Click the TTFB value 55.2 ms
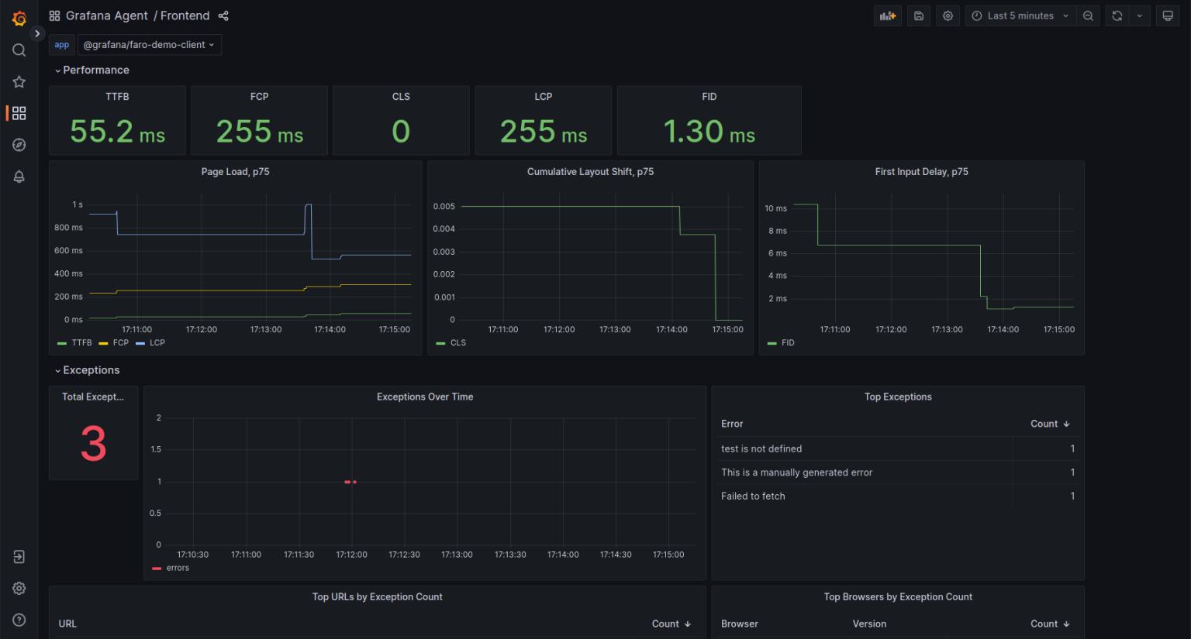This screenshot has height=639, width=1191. pyautogui.click(x=117, y=132)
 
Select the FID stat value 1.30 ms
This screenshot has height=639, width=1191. pyautogui.click(x=709, y=132)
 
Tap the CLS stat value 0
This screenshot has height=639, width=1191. pyautogui.click(x=401, y=132)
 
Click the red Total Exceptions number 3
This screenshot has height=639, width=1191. pyautogui.click(x=93, y=444)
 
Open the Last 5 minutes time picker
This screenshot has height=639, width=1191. pyautogui.click(x=1020, y=15)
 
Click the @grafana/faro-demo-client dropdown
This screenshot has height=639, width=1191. pyautogui.click(x=149, y=45)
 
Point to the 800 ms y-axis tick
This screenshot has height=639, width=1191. pyautogui.click(x=68, y=228)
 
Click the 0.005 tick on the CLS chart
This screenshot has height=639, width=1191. pyautogui.click(x=444, y=207)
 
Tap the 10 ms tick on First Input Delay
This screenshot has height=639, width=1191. pyautogui.click(x=775, y=208)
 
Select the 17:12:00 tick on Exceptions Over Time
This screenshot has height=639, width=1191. pyautogui.click(x=351, y=555)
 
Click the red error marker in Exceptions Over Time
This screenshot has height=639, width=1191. pyautogui.click(x=350, y=482)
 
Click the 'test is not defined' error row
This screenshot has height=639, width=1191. pyautogui.click(x=761, y=448)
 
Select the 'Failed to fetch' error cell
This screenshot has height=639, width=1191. pyautogui.click(x=753, y=496)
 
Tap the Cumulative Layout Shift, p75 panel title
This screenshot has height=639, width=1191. pyautogui.click(x=590, y=172)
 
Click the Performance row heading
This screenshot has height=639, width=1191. pyautogui.click(x=95, y=70)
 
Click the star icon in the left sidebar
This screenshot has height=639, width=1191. pyautogui.click(x=19, y=82)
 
